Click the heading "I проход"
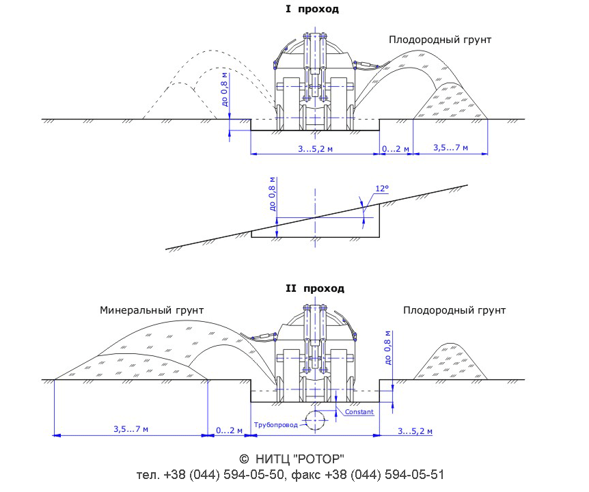312,9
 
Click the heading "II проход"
315,288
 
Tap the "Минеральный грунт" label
152,311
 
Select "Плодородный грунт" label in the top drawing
440,40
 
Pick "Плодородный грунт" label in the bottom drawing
454,311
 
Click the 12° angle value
382,189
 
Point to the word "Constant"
359,411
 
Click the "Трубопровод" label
276,425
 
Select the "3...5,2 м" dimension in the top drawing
316,149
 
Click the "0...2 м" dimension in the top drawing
396,149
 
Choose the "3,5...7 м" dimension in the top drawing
451,148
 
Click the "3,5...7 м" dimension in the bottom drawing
131,429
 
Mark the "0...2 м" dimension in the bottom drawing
229,430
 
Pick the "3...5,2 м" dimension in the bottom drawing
415,430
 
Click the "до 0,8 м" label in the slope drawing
273,193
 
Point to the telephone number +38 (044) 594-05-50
223,475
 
